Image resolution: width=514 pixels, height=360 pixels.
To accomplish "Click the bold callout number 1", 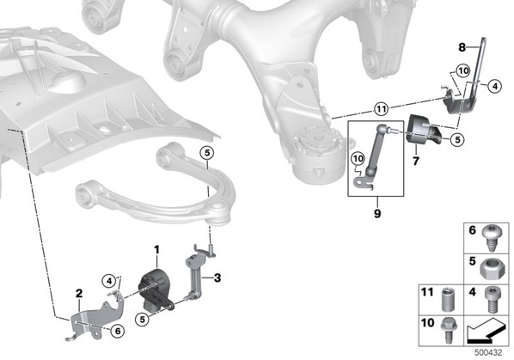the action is tap(156, 250).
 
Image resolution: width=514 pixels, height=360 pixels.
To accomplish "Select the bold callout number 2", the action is tap(79, 294).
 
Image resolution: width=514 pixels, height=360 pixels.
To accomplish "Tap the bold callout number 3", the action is tap(217, 278).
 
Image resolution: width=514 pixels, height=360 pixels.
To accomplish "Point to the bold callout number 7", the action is tap(416, 162).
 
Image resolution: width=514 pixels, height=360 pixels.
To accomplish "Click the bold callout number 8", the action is tap(462, 48).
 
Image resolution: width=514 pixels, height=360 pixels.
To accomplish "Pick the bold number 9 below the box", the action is tap(377, 214).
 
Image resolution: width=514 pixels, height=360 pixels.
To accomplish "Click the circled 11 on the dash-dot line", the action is tap(381, 109).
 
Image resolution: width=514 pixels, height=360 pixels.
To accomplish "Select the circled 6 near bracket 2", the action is tap(118, 331).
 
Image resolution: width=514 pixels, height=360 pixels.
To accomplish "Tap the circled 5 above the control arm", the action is tap(207, 153).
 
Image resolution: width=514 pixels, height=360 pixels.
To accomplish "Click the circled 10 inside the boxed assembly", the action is tap(358, 159).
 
